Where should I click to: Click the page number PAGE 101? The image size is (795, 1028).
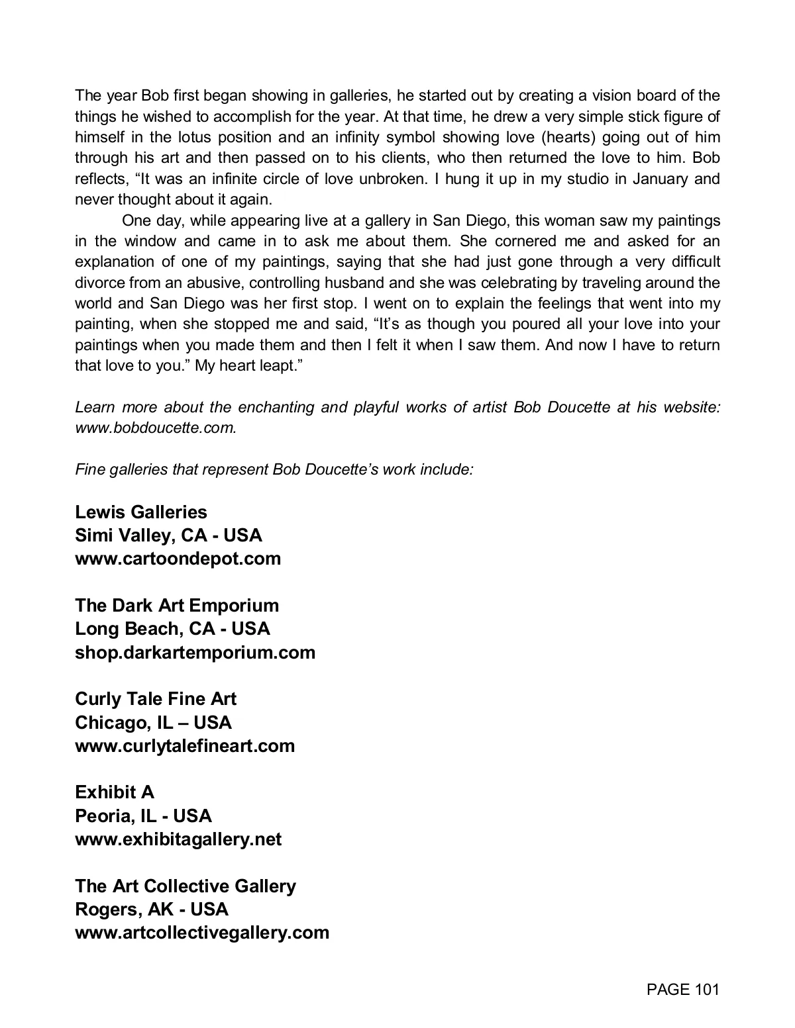pos(682,990)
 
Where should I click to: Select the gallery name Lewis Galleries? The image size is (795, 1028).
pos(141,512)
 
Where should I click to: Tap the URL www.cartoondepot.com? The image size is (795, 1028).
pos(178,559)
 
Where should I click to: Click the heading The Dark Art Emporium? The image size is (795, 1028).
pos(177,606)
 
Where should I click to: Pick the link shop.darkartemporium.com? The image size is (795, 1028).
pos(195,653)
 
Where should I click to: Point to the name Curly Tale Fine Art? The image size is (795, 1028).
pos(156,699)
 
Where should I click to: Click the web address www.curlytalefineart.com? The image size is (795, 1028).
pos(185,746)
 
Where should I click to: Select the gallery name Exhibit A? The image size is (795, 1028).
pos(115,792)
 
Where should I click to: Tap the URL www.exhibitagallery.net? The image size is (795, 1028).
pos(178,839)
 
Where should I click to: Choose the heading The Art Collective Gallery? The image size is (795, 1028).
pos(185,886)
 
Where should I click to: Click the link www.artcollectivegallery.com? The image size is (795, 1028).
pos(202,933)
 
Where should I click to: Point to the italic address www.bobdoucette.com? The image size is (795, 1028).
pos(156,428)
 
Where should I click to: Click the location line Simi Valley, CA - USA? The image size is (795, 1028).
pos(169,536)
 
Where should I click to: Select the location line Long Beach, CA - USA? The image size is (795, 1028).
pos(173,629)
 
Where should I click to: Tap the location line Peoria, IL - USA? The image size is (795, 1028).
pos(144,816)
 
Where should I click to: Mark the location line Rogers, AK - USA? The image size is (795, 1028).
pos(152,910)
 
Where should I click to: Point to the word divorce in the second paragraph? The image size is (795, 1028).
pos(99,283)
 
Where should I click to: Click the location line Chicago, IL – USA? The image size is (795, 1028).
pos(154,723)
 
